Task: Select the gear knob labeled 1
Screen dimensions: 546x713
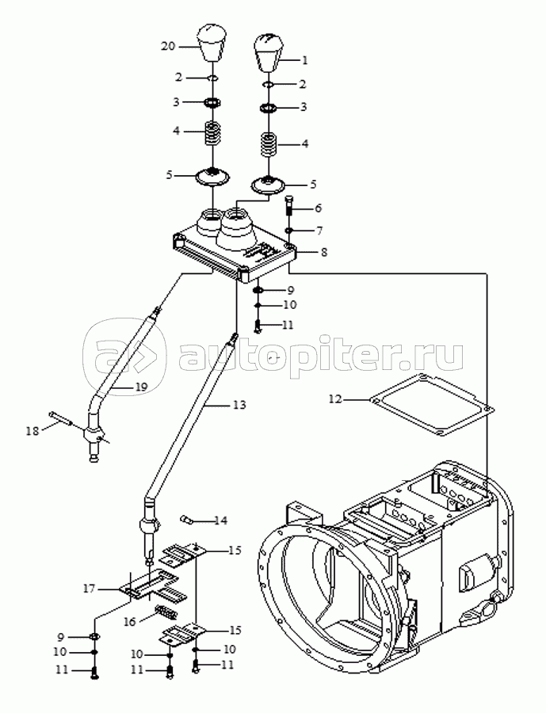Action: click(269, 52)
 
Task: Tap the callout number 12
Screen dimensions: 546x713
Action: click(335, 399)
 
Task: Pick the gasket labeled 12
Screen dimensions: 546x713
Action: click(431, 405)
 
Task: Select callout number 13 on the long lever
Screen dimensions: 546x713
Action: click(239, 404)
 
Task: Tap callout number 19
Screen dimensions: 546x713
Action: click(141, 387)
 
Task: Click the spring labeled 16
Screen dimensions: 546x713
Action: click(166, 612)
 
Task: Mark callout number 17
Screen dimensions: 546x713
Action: click(90, 589)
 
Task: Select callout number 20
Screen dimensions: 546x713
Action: click(168, 46)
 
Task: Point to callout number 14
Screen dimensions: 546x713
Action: click(220, 520)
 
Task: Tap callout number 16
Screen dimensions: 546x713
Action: click(130, 621)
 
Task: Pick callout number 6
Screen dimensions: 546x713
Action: click(318, 208)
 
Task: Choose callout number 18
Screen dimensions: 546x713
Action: click(32, 431)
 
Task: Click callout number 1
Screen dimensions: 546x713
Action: click(305, 59)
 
